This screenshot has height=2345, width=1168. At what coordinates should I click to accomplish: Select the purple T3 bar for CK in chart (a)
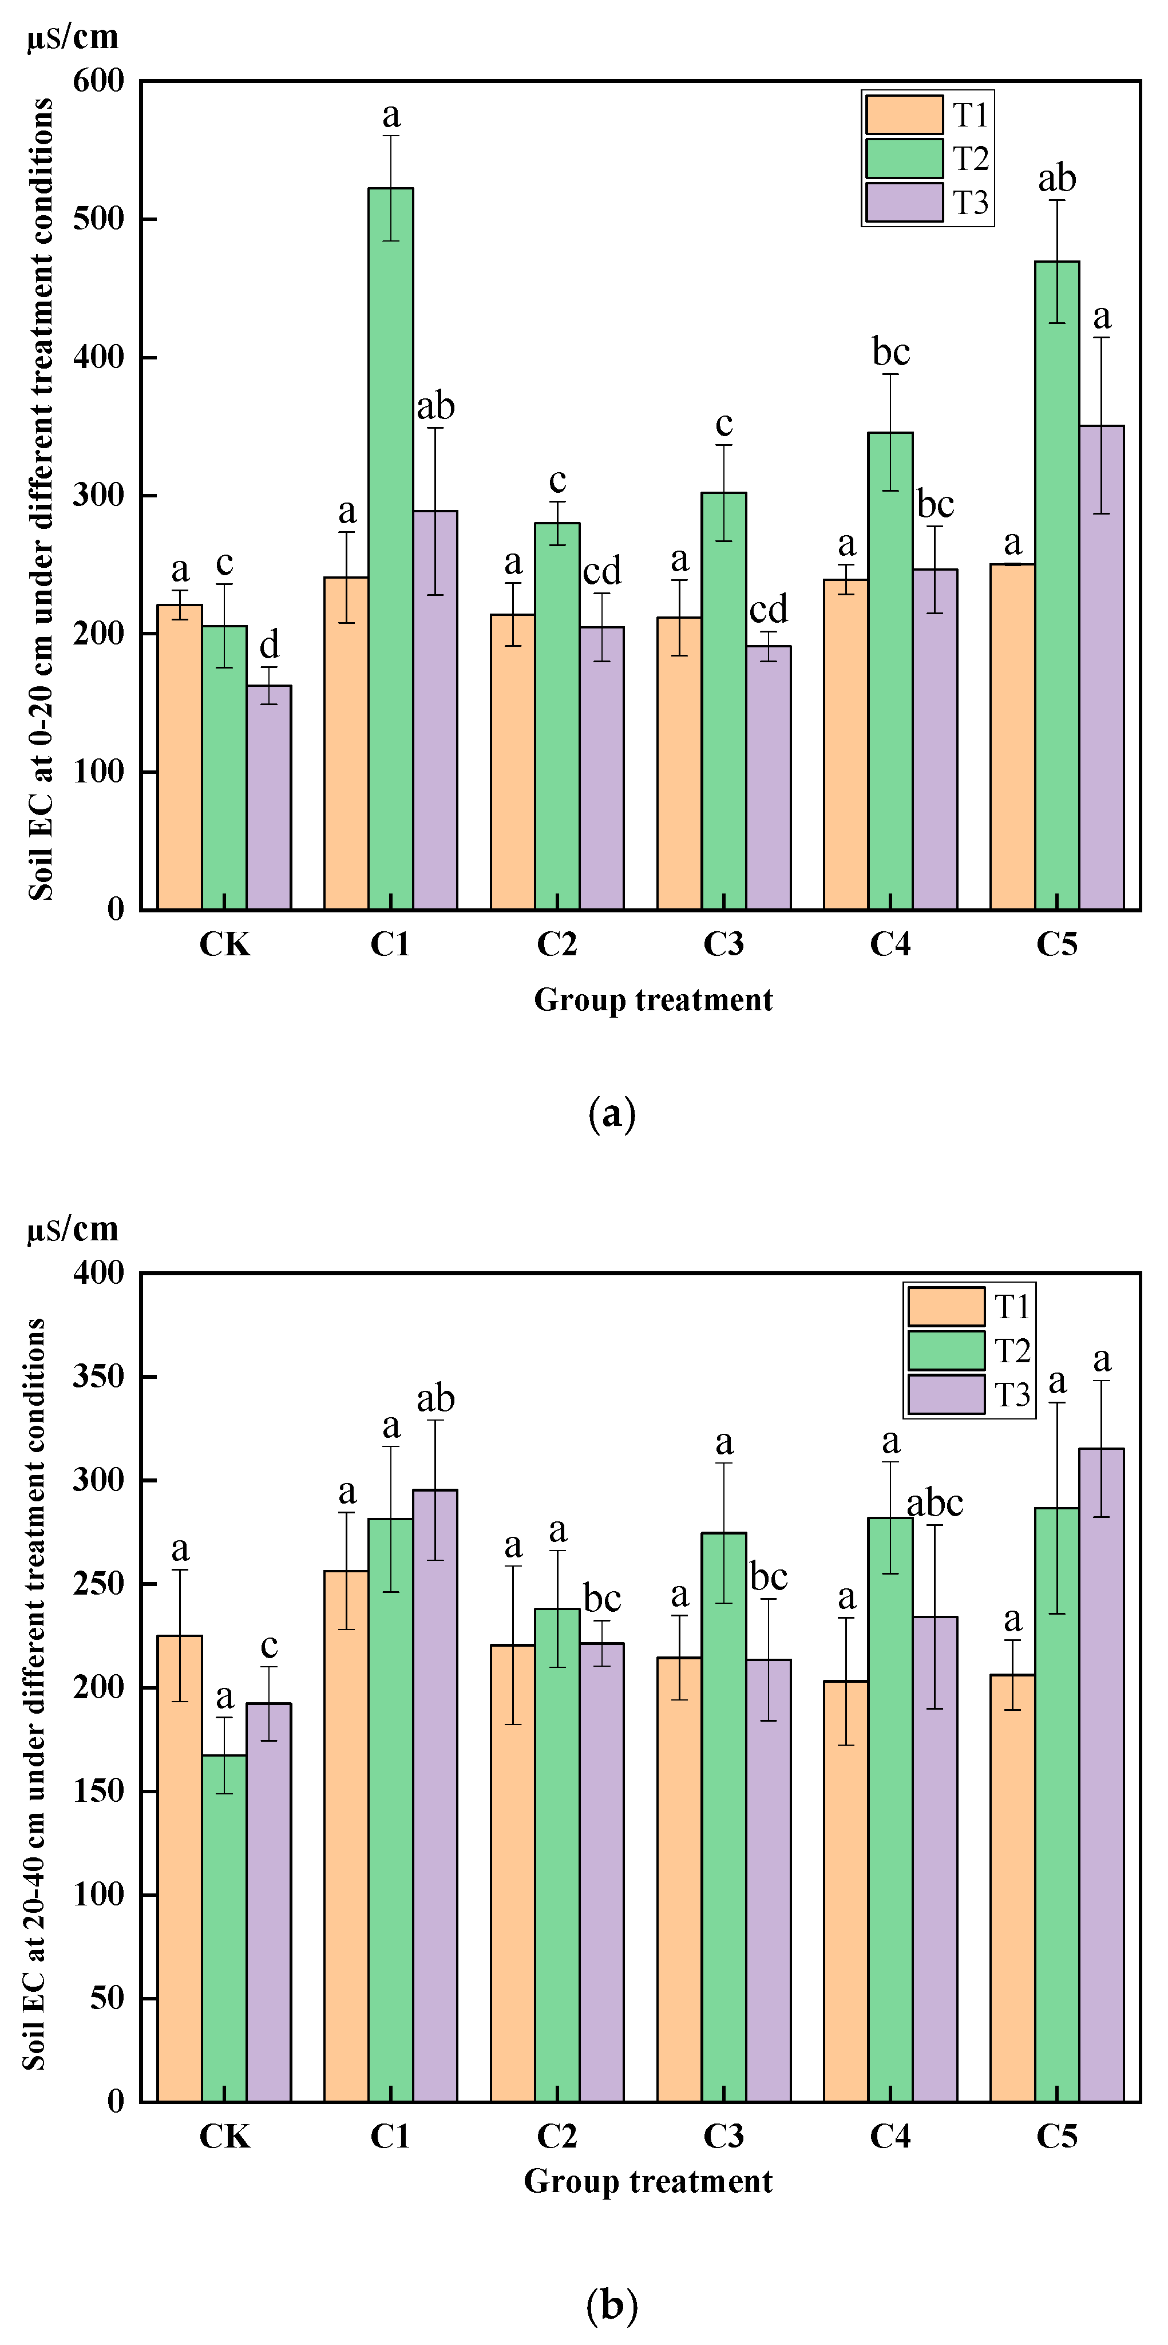click(268, 797)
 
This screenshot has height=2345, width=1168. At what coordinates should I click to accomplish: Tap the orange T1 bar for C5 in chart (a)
click(1012, 737)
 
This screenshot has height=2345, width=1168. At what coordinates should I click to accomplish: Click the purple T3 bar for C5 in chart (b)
click(1102, 1775)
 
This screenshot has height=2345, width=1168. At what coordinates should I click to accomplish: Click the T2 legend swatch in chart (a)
click(904, 159)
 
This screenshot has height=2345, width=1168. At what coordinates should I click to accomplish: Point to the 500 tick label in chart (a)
click(98, 219)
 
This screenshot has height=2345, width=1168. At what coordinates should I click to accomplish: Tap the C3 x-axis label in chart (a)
click(724, 944)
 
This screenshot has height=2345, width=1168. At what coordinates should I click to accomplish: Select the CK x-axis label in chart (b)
click(224, 2136)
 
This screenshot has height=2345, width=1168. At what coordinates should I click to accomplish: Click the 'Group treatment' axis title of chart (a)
click(653, 999)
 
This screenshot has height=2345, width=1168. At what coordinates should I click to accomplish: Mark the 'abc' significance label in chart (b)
click(935, 1503)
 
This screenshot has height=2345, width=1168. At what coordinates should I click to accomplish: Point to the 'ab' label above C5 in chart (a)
click(1057, 179)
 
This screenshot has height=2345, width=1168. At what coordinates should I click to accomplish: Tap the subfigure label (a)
click(612, 1113)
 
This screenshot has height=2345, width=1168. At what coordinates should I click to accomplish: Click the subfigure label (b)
click(612, 2305)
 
